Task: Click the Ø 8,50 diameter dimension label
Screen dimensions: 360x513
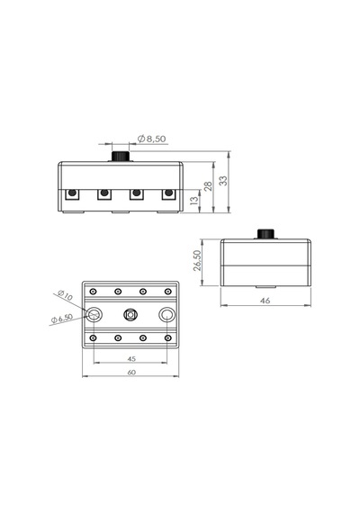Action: [x=152, y=139]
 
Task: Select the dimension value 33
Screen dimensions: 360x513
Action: [x=223, y=181]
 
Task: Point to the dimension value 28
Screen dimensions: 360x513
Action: [x=208, y=186]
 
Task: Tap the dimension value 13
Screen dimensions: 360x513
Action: [x=194, y=200]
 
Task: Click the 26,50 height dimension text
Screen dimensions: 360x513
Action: [x=197, y=260]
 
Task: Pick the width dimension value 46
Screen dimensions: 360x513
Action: [x=265, y=301]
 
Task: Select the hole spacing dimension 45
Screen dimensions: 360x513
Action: [x=131, y=359]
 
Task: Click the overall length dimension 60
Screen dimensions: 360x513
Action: [x=131, y=373]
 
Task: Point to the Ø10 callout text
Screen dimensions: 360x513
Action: [x=65, y=295]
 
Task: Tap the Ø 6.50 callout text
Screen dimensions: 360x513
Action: [x=62, y=319]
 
